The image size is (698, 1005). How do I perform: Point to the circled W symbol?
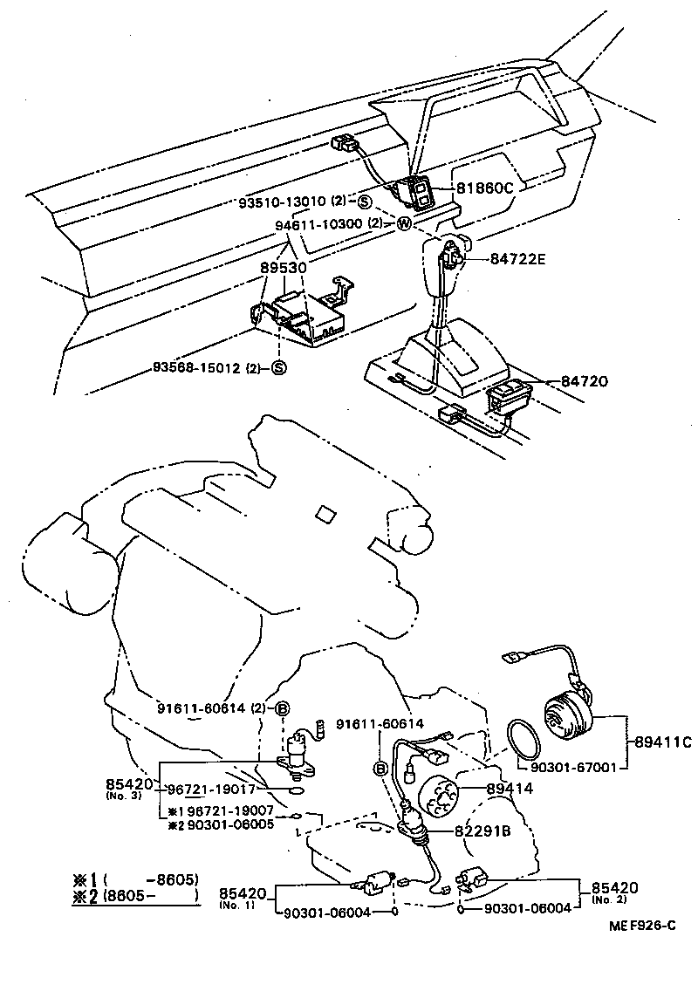click(403, 223)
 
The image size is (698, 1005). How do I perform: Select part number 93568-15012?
click(199, 366)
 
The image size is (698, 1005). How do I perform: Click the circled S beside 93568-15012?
click(278, 366)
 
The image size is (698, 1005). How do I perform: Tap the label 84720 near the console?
click(584, 381)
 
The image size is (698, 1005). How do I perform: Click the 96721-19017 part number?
click(211, 788)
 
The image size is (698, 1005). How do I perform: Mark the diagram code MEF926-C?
click(642, 926)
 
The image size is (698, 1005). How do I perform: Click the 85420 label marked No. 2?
click(615, 888)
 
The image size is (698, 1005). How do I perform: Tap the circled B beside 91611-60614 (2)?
click(283, 708)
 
